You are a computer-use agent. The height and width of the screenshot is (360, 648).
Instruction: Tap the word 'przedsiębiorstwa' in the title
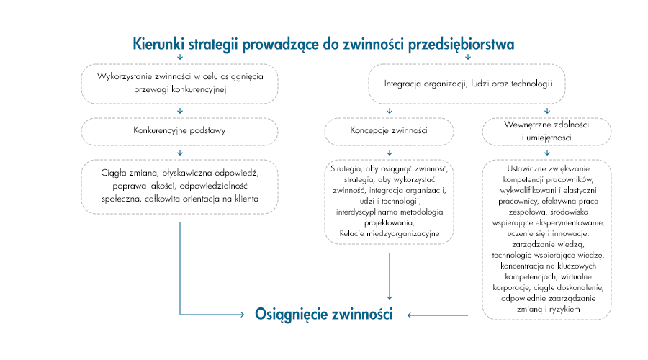click(461, 44)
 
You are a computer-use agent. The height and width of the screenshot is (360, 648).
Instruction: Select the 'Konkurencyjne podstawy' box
click(179, 131)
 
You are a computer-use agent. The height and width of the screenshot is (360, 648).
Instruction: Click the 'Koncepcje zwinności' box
click(389, 131)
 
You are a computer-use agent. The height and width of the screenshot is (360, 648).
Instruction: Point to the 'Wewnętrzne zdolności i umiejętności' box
click(548, 131)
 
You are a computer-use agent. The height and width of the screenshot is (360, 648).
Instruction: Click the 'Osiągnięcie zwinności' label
click(324, 315)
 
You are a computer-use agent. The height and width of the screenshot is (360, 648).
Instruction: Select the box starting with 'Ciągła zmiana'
click(179, 186)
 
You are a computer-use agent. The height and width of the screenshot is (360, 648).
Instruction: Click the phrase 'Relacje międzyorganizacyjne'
click(389, 233)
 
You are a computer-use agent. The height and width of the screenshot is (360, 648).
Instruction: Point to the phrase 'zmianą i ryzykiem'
click(548, 309)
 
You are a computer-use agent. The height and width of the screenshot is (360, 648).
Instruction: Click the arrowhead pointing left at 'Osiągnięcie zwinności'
click(409, 315)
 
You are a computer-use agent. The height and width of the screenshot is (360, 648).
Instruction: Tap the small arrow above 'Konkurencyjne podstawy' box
click(179, 111)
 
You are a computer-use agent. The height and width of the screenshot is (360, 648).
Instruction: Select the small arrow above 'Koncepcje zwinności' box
click(389, 111)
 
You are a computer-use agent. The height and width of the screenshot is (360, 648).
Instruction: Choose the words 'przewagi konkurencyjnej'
click(180, 90)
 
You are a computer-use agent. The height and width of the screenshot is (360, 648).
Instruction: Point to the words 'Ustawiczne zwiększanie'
click(548, 168)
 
